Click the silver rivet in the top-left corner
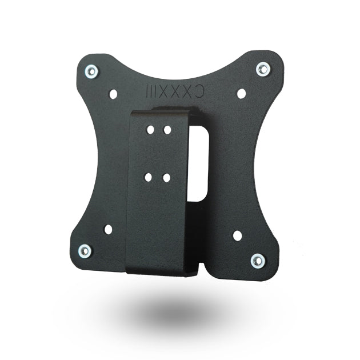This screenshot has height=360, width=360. click(x=91, y=71)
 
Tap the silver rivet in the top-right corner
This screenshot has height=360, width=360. click(x=262, y=69)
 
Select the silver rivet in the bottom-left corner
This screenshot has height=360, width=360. click(x=85, y=250)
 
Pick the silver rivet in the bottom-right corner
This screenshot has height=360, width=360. click(x=258, y=261)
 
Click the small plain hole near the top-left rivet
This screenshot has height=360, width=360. click(x=113, y=93)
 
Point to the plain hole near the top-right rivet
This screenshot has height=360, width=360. click(x=241, y=93)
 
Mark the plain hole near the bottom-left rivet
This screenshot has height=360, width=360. click(x=108, y=229)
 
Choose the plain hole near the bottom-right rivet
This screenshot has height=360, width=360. click(x=237, y=235)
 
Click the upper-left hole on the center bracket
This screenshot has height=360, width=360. click(x=150, y=130)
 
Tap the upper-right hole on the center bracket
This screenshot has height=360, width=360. click(x=167, y=130)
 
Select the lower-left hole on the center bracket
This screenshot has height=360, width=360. click(x=148, y=177)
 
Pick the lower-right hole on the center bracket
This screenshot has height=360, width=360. click(x=166, y=178)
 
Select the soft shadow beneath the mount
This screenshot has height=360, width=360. click(x=171, y=311)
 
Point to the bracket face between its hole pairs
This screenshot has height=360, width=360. click(x=158, y=153)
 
